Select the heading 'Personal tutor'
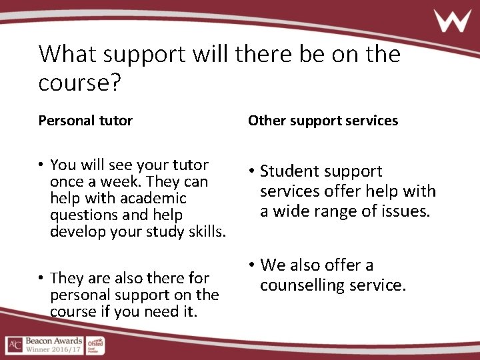pos(85,121)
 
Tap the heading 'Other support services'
pos(323,121)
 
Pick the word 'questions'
pos(81,215)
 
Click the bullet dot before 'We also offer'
pos(251,265)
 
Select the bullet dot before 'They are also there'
pos(41,278)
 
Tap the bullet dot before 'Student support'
pos(251,171)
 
